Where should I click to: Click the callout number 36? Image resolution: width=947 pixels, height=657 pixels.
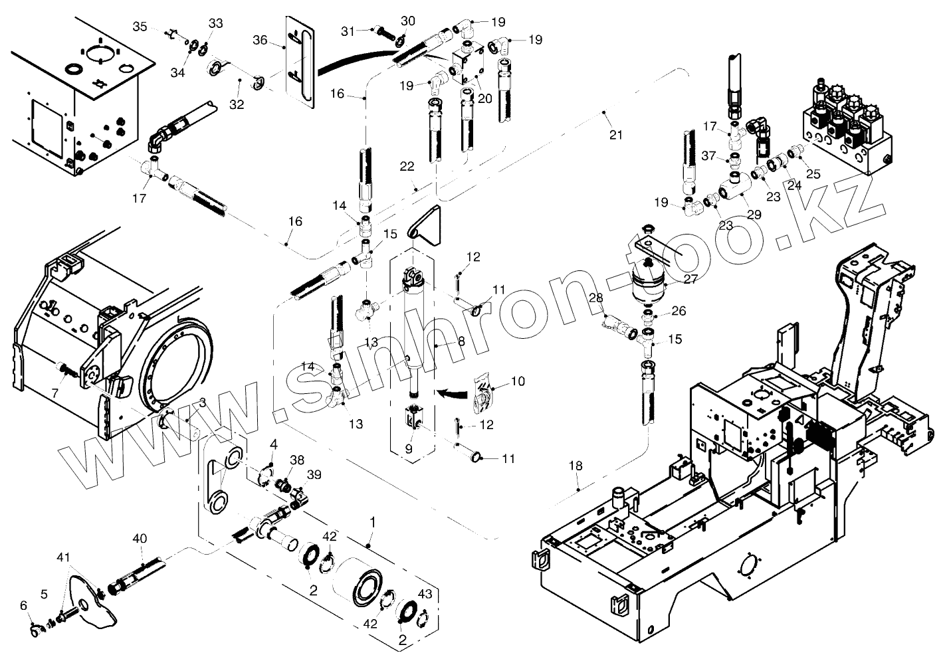pos(260,41)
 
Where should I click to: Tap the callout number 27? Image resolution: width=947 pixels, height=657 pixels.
pos(690,280)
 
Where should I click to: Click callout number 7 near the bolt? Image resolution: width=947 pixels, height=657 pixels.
pos(55,393)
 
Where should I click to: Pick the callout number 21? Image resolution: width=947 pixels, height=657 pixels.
pos(616,135)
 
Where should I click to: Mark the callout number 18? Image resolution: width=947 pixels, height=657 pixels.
pos(576,466)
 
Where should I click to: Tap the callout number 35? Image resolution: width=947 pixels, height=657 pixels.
pos(139,27)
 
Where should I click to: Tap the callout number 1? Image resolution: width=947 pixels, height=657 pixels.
pos(373,522)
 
